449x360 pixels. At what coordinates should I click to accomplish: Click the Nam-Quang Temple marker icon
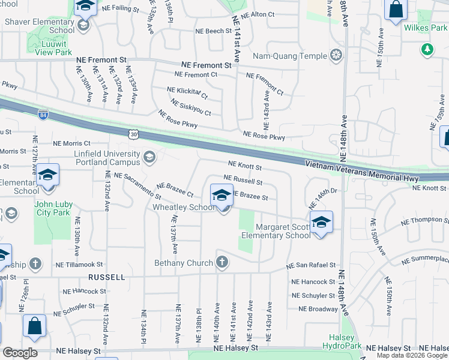pos(336,56)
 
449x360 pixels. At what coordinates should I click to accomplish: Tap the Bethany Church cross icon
pos(222,262)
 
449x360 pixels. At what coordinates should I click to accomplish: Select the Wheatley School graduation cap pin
pos(221,196)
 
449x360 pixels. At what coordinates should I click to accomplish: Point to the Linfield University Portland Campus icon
pos(149,157)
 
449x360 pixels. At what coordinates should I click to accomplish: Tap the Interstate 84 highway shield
pos(43,114)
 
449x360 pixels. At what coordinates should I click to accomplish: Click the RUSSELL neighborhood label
pos(107,278)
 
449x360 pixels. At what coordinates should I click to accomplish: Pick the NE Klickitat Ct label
pos(188,92)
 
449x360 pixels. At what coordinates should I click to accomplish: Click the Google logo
pos(20,353)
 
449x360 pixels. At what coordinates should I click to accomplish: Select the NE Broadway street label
pos(318,309)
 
